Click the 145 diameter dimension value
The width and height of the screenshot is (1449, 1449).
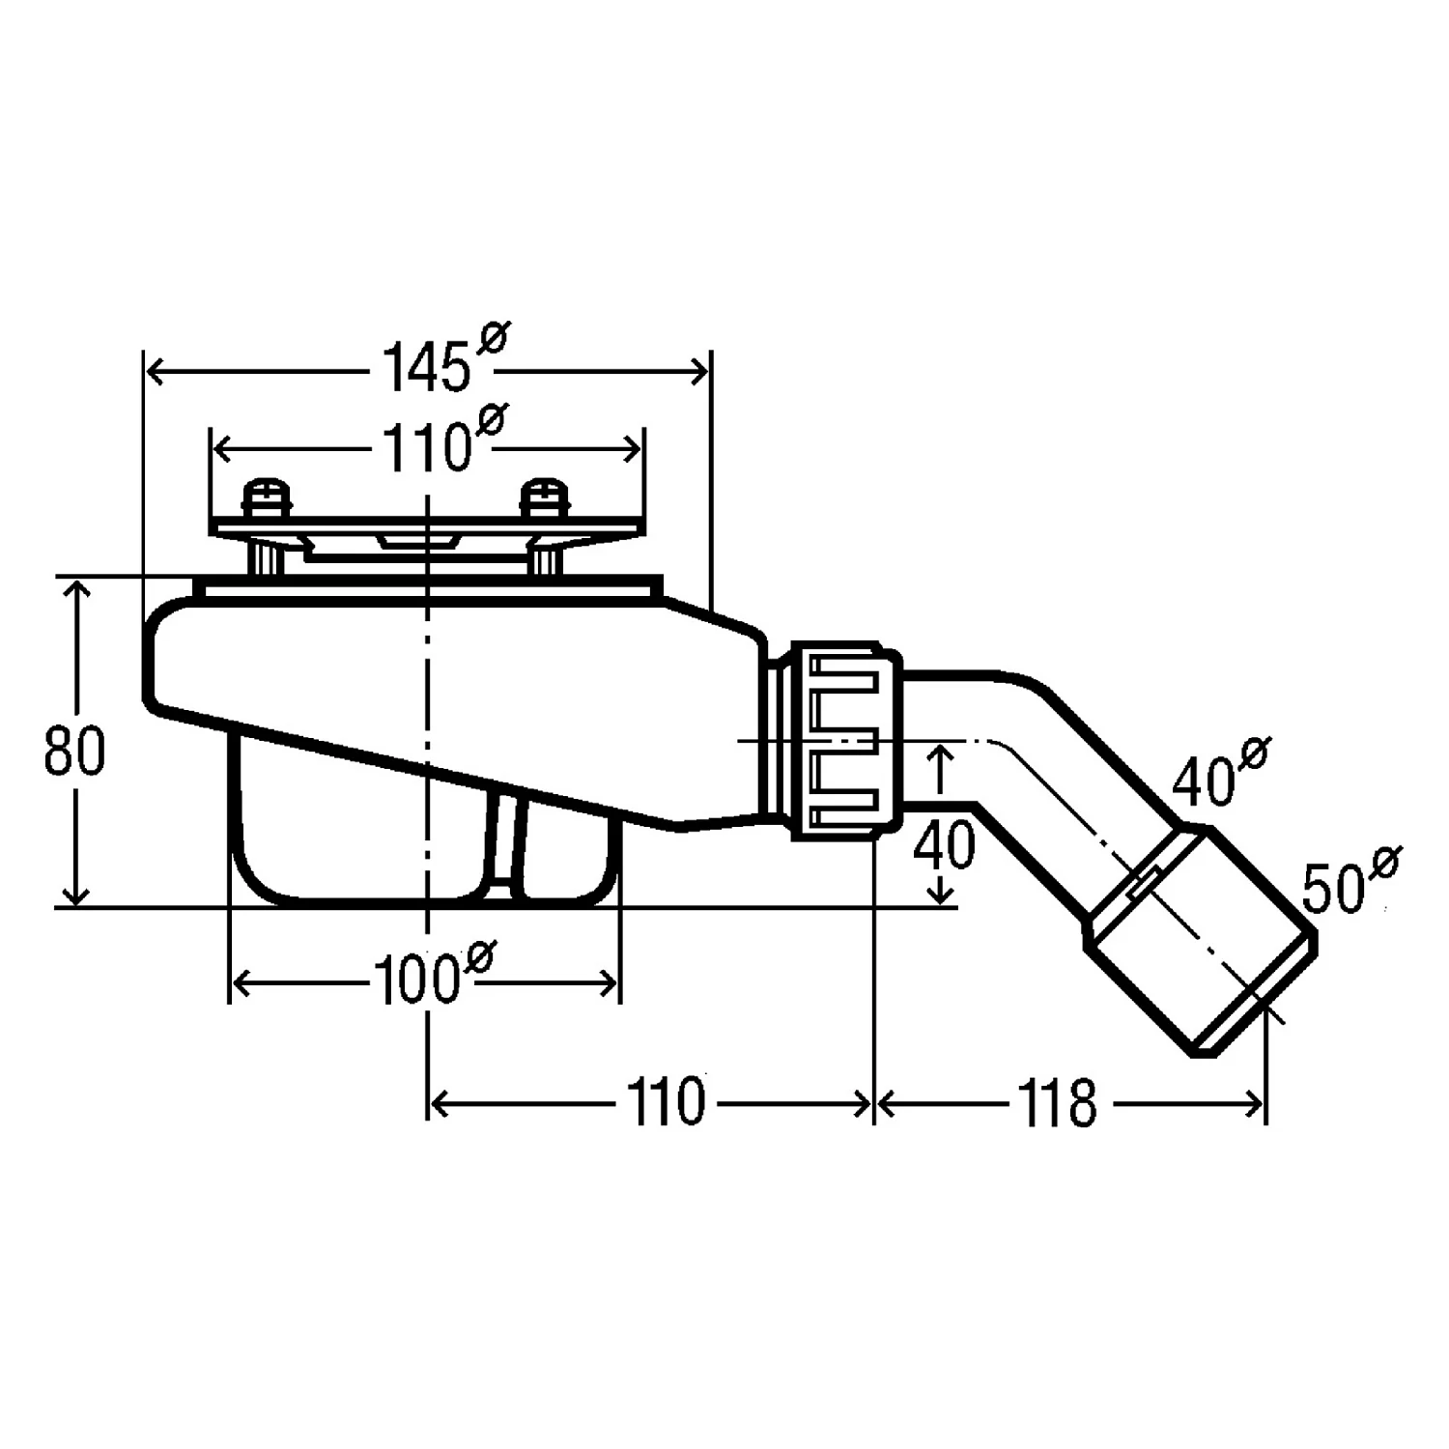click(425, 367)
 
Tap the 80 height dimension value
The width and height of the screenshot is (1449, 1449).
click(74, 752)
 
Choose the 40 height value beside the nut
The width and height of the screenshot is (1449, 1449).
click(944, 845)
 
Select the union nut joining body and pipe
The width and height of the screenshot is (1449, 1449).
click(847, 740)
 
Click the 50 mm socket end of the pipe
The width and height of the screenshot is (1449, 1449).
click(1200, 941)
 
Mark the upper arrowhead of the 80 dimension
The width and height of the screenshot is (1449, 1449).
click(75, 589)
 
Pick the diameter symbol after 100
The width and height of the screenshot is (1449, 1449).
click(479, 956)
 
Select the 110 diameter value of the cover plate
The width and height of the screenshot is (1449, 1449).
click(425, 448)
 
